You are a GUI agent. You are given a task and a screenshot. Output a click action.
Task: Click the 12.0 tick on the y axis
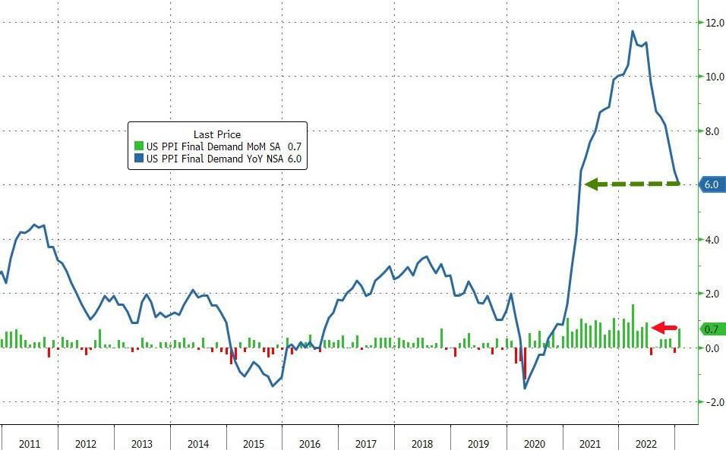(x=712, y=23)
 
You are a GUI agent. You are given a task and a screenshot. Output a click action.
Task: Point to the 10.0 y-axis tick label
(x=712, y=77)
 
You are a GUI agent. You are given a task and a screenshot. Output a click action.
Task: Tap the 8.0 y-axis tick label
(x=712, y=131)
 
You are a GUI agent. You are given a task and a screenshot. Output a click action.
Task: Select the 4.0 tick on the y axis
(x=712, y=240)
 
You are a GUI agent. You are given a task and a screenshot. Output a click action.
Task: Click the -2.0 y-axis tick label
(x=712, y=402)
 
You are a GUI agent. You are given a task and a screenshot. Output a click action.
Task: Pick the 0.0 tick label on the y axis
(x=712, y=348)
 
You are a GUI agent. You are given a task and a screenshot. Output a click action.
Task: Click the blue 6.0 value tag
(x=712, y=184)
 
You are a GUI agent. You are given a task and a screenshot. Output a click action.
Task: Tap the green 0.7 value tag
(x=712, y=329)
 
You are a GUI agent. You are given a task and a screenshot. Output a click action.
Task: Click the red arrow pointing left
(x=665, y=328)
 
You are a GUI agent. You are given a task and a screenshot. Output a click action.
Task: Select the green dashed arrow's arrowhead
(x=592, y=184)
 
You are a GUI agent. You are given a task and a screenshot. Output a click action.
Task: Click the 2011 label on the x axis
(x=29, y=444)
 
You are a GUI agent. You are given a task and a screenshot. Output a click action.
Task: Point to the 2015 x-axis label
(x=254, y=444)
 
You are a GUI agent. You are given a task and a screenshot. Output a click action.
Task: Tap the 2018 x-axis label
(x=422, y=444)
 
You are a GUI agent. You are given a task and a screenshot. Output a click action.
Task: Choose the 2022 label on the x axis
(x=646, y=444)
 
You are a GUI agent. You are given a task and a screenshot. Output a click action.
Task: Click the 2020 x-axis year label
(x=535, y=444)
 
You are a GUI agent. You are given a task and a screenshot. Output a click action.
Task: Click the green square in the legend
(x=138, y=146)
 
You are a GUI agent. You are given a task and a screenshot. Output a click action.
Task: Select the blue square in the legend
(x=138, y=158)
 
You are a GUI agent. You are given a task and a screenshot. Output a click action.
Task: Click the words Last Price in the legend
(x=217, y=134)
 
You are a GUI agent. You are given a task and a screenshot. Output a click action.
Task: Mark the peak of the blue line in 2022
(x=633, y=31)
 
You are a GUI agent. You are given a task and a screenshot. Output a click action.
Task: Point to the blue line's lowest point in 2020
(x=525, y=389)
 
